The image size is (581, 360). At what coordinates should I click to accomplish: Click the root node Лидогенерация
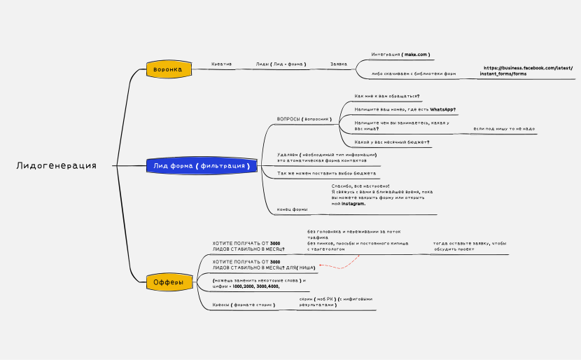pyautogui.click(x=56, y=166)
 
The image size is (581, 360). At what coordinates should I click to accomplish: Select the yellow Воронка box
pyautogui.click(x=168, y=69)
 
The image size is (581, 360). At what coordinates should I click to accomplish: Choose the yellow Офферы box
pyautogui.click(x=168, y=282)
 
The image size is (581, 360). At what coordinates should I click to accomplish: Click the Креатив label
pyautogui.click(x=221, y=64)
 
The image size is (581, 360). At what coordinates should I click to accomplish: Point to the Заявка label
pyautogui.click(x=339, y=64)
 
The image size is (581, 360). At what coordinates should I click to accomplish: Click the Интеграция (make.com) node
pyautogui.click(x=400, y=54)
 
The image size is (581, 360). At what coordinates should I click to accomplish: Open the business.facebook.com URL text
pyautogui.click(x=527, y=71)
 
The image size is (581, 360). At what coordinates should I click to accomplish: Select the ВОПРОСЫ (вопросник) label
pyautogui.click(x=304, y=119)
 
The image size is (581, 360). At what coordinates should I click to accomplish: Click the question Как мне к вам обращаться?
pyautogui.click(x=387, y=96)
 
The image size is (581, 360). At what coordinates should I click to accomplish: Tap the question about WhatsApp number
pyautogui.click(x=400, y=110)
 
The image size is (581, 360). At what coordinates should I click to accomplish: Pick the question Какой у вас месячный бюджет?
pyautogui.click(x=392, y=142)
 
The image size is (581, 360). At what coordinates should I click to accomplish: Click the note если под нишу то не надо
pyautogui.click(x=504, y=129)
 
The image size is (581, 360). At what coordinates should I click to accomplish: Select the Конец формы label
pyautogui.click(x=293, y=209)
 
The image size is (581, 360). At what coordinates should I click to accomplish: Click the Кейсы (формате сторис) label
pyautogui.click(x=244, y=305)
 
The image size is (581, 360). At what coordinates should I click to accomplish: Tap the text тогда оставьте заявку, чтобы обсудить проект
pyautogui.click(x=469, y=246)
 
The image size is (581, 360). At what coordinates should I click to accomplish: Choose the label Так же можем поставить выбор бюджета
pyautogui.click(x=326, y=173)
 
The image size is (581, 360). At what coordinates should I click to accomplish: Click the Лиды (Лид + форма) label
pyautogui.click(x=281, y=64)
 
